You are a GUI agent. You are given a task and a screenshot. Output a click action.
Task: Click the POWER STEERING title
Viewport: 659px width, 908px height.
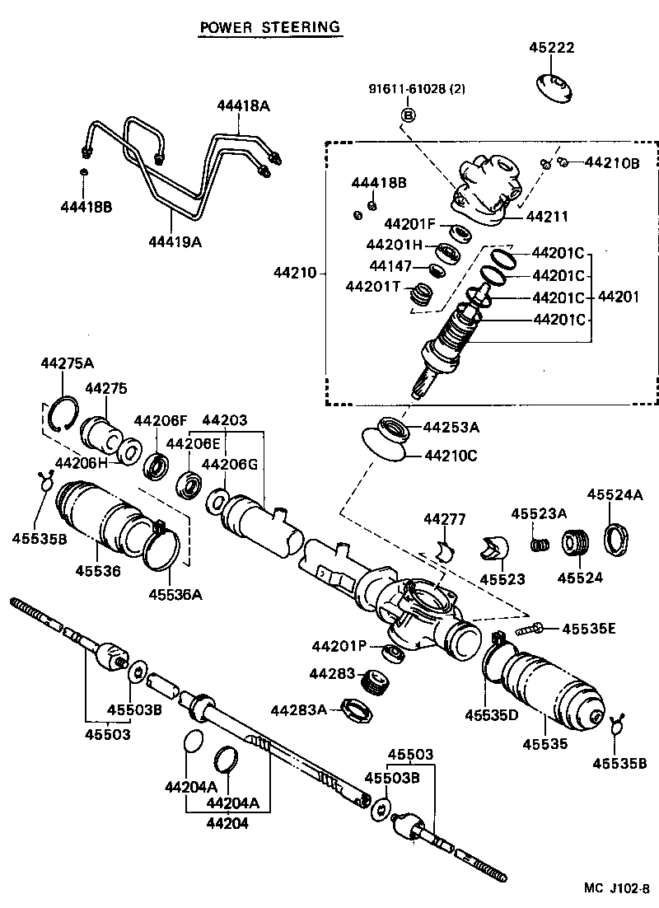pyautogui.click(x=269, y=27)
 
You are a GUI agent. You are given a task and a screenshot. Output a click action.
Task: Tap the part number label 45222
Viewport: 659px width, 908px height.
pyautogui.click(x=551, y=49)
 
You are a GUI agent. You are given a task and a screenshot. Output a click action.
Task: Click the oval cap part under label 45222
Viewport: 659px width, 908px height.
pyautogui.click(x=554, y=86)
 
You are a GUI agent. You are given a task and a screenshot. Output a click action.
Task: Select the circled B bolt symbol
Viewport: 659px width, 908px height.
pyautogui.click(x=407, y=115)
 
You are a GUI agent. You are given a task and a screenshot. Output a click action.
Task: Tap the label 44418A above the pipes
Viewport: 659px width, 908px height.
pyautogui.click(x=244, y=105)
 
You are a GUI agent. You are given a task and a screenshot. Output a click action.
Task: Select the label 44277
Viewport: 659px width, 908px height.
pyautogui.click(x=445, y=519)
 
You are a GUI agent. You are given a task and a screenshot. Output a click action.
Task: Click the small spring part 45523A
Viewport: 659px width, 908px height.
pyautogui.click(x=539, y=545)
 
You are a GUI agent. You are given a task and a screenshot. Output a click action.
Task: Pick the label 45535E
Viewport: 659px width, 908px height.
pyautogui.click(x=590, y=629)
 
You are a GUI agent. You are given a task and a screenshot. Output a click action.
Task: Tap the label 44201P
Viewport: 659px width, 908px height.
pyautogui.click(x=339, y=645)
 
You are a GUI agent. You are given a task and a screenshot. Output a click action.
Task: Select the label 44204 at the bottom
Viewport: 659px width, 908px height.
pyautogui.click(x=227, y=821)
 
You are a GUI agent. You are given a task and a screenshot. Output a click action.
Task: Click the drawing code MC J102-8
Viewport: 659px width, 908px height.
pyautogui.click(x=616, y=887)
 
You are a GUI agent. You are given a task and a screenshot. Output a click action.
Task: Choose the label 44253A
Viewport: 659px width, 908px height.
pyautogui.click(x=451, y=427)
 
